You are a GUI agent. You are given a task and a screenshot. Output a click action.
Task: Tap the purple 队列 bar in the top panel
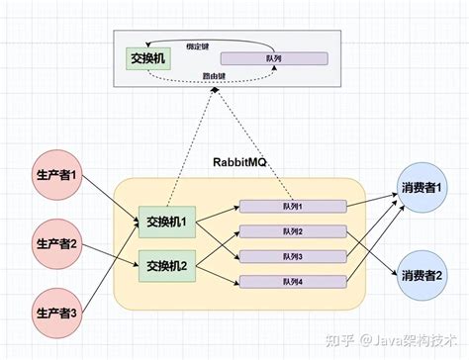coord(273,57)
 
